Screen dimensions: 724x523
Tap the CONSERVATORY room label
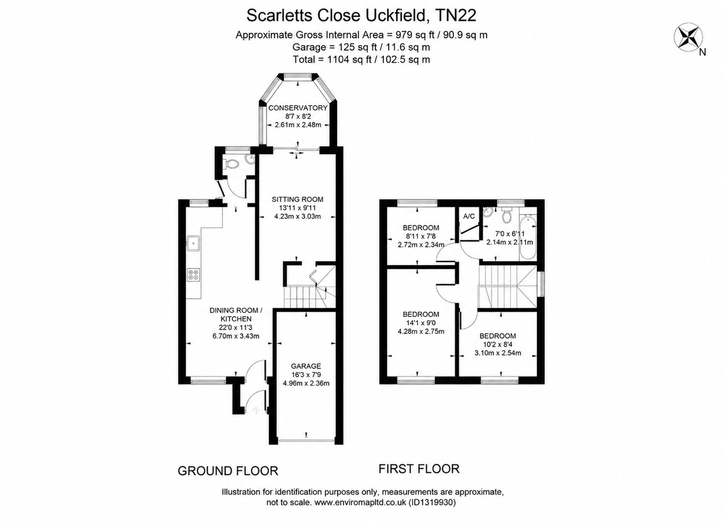298,108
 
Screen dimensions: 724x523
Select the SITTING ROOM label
298,199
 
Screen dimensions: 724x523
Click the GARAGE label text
306,366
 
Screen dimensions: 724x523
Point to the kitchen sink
193,243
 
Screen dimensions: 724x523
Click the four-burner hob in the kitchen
193,275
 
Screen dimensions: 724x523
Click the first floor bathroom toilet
506,215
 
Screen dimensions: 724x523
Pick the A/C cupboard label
469,216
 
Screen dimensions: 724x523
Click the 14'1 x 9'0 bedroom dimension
421,323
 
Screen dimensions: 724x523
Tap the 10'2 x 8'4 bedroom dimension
498,344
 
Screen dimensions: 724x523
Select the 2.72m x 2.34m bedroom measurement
421,245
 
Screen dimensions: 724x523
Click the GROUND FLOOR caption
228,471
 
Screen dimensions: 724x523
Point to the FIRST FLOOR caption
419,469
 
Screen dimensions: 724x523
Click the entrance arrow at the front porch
256,410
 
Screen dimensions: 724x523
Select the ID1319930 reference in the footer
432,502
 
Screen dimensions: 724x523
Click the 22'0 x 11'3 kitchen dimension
236,327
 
